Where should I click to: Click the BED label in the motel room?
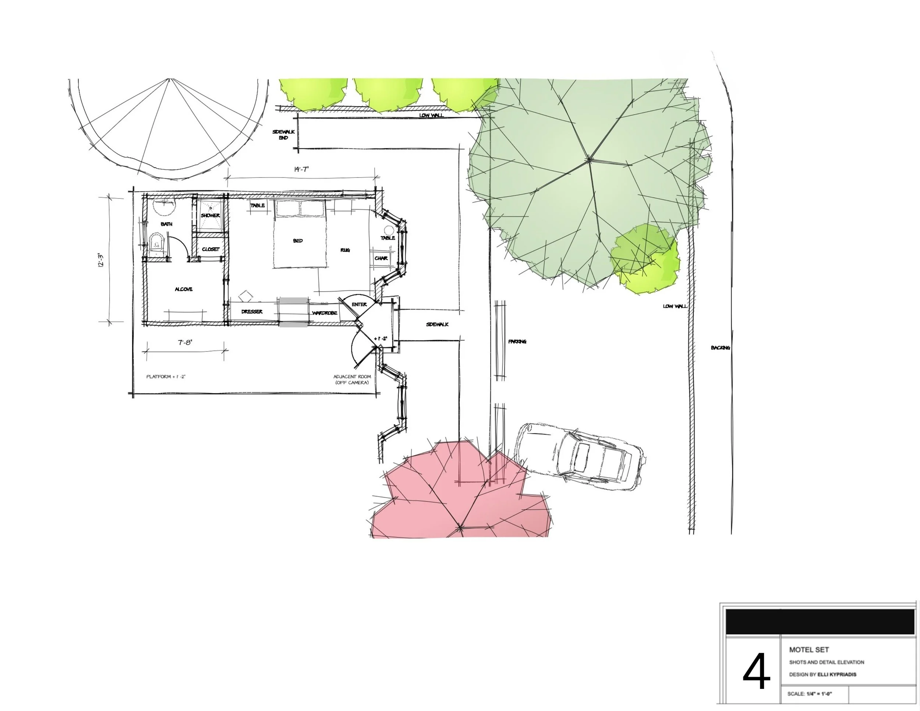298,241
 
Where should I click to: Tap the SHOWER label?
210,215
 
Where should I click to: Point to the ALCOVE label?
184,289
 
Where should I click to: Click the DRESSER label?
252,312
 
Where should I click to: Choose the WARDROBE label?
324,313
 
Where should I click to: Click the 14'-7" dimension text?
302,169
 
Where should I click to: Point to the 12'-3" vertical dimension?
100,260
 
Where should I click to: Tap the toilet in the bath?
156,245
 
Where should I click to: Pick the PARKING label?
517,342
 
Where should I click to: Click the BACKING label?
720,348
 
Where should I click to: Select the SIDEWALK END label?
283,135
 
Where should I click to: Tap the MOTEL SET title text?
809,650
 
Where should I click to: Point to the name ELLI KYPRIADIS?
836,674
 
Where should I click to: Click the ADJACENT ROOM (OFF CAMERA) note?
352,379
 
